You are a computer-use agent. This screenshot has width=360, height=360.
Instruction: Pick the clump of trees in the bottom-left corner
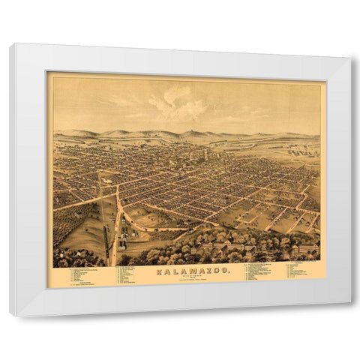[x=67, y=259]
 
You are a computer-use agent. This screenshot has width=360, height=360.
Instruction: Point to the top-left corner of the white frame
[x=10, y=44]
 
